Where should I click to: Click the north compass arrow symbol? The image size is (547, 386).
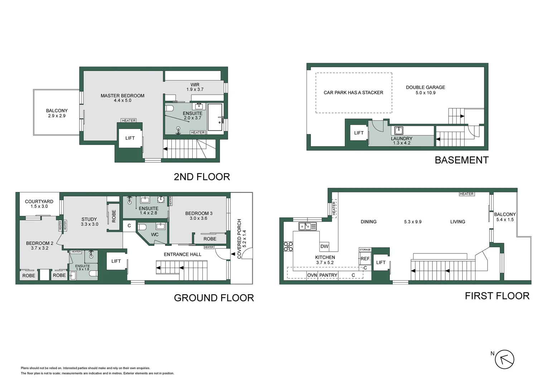505,359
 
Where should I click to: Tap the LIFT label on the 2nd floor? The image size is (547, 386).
130,138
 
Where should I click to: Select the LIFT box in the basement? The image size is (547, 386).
359,133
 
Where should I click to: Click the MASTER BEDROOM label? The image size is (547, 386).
122,96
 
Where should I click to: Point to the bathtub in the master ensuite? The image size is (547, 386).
215,117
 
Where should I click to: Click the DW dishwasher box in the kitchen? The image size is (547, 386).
324,246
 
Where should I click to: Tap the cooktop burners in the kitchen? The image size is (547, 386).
288,246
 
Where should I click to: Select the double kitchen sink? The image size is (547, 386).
308,226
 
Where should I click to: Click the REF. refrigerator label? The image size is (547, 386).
365,259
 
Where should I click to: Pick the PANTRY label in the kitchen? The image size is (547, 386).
328,275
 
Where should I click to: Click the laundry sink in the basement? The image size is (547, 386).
398,130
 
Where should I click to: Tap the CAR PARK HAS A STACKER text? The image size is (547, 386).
353,93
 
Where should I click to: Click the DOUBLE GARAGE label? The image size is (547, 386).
425,87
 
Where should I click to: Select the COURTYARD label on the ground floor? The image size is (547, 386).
39,202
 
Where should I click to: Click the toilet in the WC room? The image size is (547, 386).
142,227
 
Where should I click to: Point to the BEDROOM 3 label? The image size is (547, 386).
199,213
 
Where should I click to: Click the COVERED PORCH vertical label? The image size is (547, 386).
239,239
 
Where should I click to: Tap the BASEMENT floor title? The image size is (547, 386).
461,160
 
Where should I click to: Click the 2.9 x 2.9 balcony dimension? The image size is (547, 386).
57,116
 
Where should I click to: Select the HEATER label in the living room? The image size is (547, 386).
466,194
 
